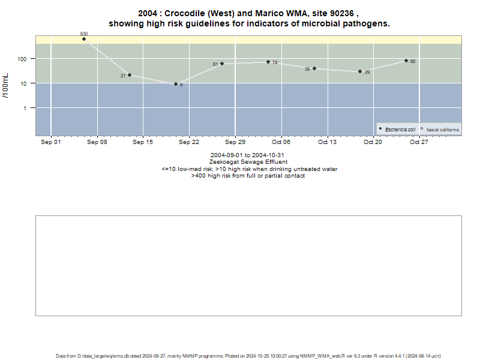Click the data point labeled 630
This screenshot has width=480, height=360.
point(84,39)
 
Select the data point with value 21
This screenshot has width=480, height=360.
point(130,75)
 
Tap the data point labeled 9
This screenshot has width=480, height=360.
point(176,84)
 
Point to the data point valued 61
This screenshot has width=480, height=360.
point(222,64)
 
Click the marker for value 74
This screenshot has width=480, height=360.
point(268,62)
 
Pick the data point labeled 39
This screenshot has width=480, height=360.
point(314,68)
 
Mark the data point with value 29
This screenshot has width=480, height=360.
point(360,71)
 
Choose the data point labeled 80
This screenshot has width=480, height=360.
point(406,61)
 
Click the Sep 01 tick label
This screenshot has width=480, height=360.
point(51,142)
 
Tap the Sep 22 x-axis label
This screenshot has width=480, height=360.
point(189,142)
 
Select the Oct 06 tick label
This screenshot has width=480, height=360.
point(281,142)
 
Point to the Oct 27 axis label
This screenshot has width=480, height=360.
point(419,142)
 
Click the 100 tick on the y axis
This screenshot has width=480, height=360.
point(22,59)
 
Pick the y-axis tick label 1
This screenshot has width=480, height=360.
point(25,109)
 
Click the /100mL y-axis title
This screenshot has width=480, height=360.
point(6,86)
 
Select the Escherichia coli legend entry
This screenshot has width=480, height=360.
point(397,130)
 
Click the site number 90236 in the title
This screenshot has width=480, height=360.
point(342,13)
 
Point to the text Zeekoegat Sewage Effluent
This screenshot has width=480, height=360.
point(248,162)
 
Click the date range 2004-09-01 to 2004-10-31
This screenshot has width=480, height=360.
point(247,155)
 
